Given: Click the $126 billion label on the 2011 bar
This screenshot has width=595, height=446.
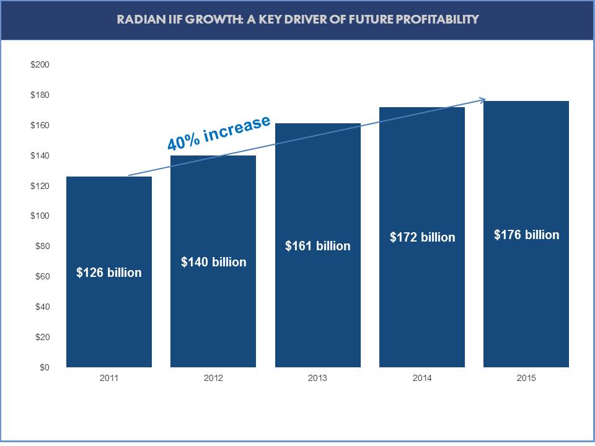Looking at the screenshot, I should click(109, 273).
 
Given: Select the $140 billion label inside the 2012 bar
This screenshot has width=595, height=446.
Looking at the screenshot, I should click(213, 262).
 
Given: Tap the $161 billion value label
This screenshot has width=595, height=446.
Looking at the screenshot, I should click(317, 246).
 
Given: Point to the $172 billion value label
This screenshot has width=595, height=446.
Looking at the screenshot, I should click(422, 237).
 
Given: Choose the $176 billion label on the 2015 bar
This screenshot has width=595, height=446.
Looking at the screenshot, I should click(526, 235).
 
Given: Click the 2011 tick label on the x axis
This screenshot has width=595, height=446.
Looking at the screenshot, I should click(108, 378).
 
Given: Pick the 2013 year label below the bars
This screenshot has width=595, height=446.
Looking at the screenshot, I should click(317, 378).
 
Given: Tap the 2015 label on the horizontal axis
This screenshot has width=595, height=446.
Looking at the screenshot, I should click(526, 378).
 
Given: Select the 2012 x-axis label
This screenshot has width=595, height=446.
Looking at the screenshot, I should click(213, 378).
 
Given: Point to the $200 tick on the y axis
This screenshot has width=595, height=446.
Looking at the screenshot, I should click(40, 65).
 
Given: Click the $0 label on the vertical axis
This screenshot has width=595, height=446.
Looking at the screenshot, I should click(44, 368).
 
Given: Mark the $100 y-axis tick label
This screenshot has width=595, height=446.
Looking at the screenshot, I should click(40, 216).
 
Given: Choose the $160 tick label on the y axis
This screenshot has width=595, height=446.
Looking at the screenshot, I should click(40, 126).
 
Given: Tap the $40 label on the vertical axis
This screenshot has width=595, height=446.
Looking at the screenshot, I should click(42, 307).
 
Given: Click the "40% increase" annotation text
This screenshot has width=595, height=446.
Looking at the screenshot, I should click(219, 133).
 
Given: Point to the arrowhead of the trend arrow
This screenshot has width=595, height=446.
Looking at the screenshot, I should click(483, 100).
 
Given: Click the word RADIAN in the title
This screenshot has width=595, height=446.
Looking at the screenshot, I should click(138, 19).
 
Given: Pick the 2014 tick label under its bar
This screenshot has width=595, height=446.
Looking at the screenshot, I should click(422, 378).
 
